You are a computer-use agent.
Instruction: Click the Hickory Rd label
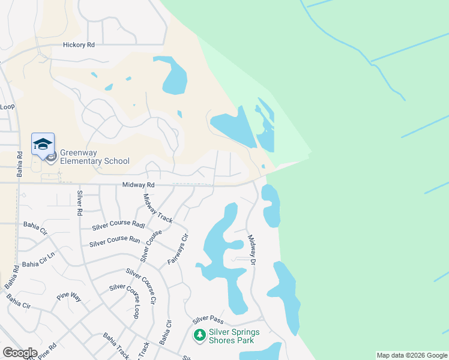point(79,45)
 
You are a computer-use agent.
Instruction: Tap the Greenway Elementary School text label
point(94,156)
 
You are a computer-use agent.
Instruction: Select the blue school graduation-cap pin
point(43,145)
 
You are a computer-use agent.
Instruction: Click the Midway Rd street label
point(139,185)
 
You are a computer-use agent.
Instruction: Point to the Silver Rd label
point(79,203)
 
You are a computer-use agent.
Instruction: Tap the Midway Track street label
point(157,208)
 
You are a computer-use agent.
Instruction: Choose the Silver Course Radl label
point(118,226)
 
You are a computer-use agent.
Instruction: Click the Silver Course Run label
point(115,242)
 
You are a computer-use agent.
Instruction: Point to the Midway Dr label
point(253,251)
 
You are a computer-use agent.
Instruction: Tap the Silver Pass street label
point(208,319)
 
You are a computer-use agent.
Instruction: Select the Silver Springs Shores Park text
point(234,336)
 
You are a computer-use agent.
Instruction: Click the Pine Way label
point(69,296)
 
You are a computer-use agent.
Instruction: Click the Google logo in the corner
point(20,353)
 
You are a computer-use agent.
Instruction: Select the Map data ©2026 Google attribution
point(412,355)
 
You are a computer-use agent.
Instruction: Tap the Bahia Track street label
point(116,345)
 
